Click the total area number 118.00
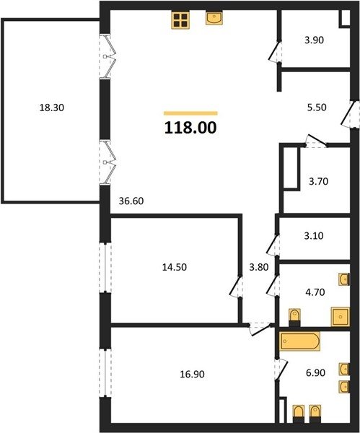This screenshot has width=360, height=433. [190, 128]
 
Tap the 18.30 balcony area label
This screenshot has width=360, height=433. [52, 108]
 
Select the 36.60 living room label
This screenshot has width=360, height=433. [131, 201]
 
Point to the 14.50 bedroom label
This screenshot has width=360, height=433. [174, 267]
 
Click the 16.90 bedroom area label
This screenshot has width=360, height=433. [192, 374]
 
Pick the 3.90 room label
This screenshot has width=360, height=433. [314, 40]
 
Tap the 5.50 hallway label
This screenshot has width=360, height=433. [317, 107]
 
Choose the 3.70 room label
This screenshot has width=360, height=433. [318, 181]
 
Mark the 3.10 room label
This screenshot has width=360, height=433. [314, 236]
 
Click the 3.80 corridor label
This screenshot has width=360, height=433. [259, 267]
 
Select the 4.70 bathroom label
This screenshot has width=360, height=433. [315, 292]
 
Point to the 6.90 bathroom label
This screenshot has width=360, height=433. [315, 373]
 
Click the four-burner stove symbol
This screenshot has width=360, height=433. [180, 20]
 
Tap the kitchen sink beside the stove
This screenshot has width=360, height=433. [214, 18]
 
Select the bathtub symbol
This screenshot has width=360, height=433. [299, 341]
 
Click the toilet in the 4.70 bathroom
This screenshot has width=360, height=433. [294, 318]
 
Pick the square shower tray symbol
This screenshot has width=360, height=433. [340, 317]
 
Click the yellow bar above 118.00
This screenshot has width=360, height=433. [190, 113]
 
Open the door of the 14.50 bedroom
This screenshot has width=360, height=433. [235, 287]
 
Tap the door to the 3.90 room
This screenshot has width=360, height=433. [275, 52]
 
